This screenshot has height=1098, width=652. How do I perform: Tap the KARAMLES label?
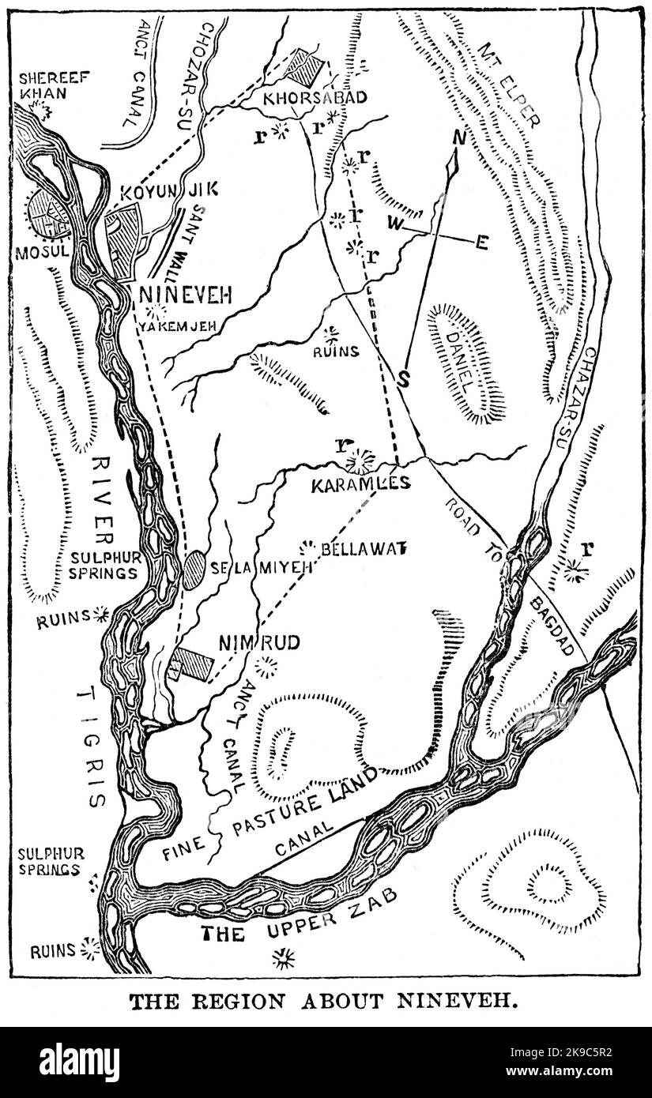tap(360, 483)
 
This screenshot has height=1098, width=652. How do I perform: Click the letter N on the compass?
tap(457, 137)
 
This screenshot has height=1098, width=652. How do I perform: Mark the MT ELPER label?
tap(510, 83)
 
